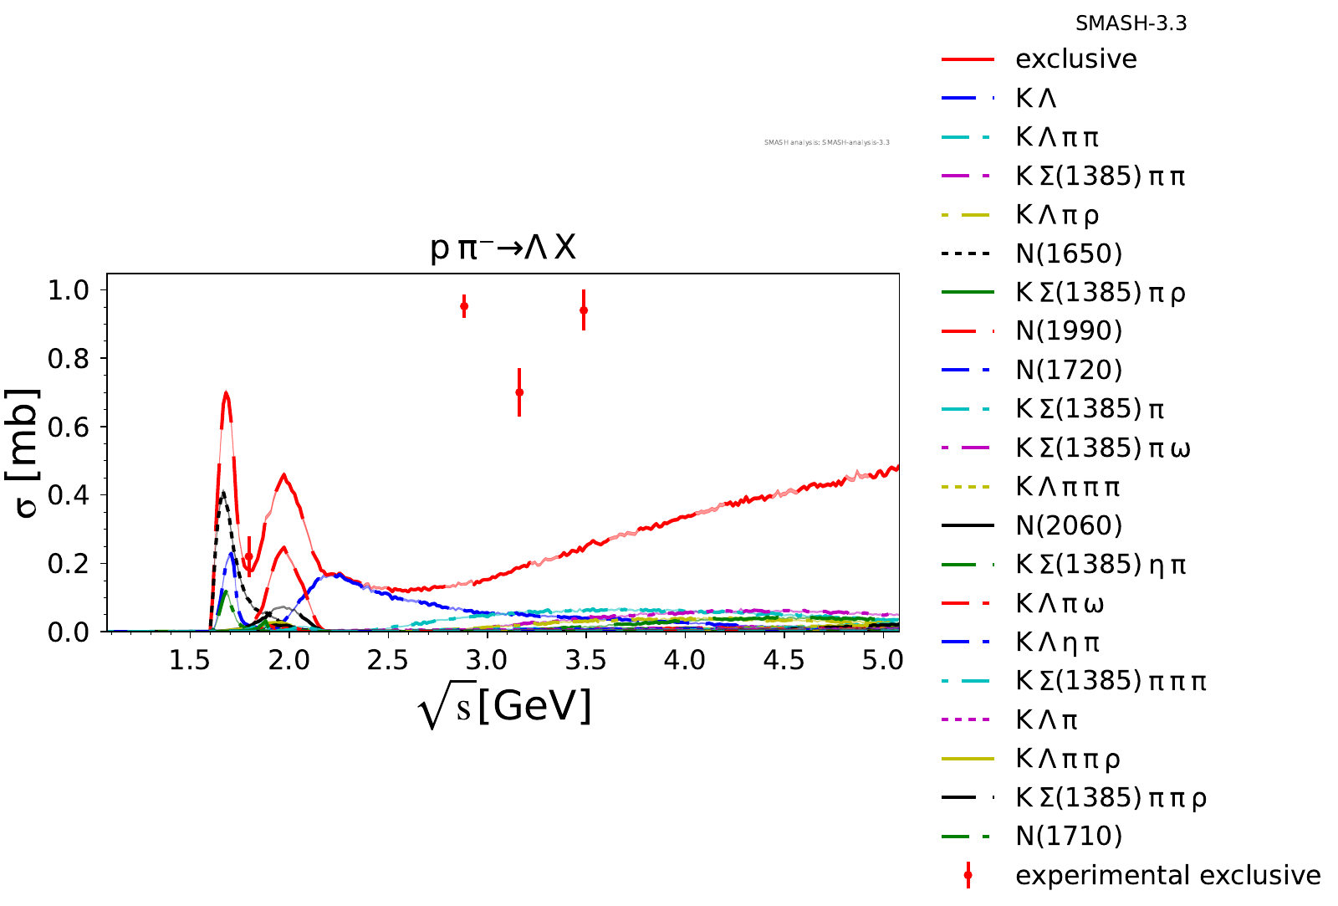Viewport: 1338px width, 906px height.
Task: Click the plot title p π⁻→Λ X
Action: tap(503, 248)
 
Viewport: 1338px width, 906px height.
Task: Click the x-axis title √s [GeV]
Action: tap(504, 708)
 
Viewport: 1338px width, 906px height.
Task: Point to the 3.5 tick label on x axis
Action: tap(585, 661)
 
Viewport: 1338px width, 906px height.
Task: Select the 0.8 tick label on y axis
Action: tap(69, 358)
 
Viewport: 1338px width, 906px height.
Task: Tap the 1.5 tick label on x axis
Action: tap(189, 661)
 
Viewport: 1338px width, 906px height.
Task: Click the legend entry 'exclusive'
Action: tap(1075, 59)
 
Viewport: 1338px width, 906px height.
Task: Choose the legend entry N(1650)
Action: tap(1069, 253)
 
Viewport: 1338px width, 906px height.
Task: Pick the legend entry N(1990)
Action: tap(1069, 331)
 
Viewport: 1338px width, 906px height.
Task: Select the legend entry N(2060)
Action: tap(1069, 525)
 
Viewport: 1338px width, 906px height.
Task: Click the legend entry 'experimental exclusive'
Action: tap(1167, 875)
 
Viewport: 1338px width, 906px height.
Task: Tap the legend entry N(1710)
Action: tap(1069, 836)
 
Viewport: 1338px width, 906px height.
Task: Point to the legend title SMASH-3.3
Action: tap(1131, 23)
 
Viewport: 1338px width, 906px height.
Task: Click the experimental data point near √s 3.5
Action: tap(584, 310)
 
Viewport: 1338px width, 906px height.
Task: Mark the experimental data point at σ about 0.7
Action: tap(519, 392)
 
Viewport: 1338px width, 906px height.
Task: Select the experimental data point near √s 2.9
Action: tap(464, 306)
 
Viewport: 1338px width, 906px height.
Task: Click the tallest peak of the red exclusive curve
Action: tap(226, 393)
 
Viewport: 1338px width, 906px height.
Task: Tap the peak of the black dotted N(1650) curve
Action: tap(222, 492)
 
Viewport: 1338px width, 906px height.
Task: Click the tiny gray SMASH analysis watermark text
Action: tap(826, 142)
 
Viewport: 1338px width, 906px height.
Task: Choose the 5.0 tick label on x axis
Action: tap(883, 661)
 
